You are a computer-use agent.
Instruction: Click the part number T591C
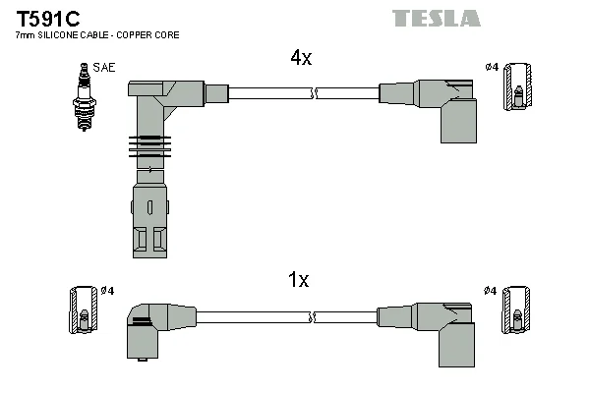click(x=48, y=19)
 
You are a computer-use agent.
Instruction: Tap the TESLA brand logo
click(x=436, y=19)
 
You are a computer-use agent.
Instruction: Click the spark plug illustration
click(x=85, y=97)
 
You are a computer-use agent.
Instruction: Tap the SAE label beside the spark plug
click(x=104, y=68)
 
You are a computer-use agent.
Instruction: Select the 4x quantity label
click(x=301, y=58)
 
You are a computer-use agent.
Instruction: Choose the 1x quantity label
click(x=298, y=280)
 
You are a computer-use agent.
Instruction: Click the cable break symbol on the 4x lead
click(x=314, y=93)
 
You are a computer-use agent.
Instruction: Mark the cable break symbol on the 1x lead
click(x=312, y=317)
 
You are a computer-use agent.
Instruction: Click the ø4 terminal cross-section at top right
click(x=518, y=86)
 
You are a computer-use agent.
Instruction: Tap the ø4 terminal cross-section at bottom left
click(x=84, y=310)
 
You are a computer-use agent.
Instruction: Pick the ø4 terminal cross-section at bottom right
click(x=516, y=310)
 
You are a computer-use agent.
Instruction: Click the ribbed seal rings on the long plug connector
click(x=149, y=146)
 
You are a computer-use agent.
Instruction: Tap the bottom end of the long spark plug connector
click(x=149, y=257)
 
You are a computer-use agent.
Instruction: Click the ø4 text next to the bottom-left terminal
click(x=107, y=291)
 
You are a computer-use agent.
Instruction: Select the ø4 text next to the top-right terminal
click(x=492, y=68)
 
